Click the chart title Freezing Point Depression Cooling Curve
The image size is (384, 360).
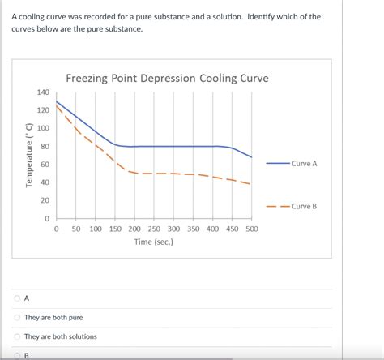coord(167,79)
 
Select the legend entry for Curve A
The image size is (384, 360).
coord(304,163)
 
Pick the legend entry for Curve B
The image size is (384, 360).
coord(304,206)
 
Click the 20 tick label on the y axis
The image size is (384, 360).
coord(45,200)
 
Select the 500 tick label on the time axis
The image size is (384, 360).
coord(251,229)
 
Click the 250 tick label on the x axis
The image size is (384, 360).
coord(154,229)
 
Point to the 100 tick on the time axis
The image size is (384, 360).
coord(96,229)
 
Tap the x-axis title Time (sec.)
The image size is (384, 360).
coord(154,242)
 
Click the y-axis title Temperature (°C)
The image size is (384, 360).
coord(28,156)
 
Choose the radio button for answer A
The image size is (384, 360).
coord(16,298)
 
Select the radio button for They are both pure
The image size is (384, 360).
coord(16,317)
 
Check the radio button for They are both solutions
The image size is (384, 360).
coord(16,336)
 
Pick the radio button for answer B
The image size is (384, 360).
coord(16,354)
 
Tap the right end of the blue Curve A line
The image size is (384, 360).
coord(251,157)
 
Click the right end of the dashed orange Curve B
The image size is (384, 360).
coord(250,184)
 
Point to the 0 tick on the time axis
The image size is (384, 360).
coord(57,229)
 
